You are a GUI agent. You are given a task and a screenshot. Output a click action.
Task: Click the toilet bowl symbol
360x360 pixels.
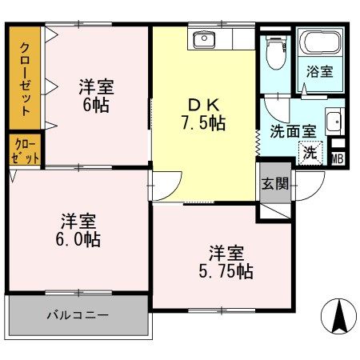click(x=276, y=53)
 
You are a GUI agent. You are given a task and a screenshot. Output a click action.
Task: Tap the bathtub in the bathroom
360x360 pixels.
click(x=320, y=42)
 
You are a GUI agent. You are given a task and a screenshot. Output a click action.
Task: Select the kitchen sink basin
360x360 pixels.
click(x=204, y=40)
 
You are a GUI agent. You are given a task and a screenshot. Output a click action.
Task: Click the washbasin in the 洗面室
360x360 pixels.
click(x=334, y=122)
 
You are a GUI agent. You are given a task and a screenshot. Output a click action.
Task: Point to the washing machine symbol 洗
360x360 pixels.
click(x=310, y=153)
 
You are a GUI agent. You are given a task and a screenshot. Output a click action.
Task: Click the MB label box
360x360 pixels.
click(x=338, y=159)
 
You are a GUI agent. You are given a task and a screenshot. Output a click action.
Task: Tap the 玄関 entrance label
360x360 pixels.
click(x=275, y=183)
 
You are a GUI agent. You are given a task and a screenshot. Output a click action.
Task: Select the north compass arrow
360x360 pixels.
click(x=338, y=316)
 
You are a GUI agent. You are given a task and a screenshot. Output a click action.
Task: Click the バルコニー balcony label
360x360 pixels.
click(x=78, y=316)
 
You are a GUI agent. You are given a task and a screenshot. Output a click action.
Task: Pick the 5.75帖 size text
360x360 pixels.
click(x=226, y=271)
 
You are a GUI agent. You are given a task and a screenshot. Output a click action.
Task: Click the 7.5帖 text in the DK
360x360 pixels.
click(x=204, y=122)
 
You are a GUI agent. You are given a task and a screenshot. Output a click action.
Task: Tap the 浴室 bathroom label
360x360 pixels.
click(x=320, y=71)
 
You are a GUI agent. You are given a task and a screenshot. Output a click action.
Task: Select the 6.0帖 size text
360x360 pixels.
click(x=78, y=239)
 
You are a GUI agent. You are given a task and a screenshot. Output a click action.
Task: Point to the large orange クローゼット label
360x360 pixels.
click(x=25, y=79)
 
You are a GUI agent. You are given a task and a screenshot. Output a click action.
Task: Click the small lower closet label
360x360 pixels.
click(x=25, y=151)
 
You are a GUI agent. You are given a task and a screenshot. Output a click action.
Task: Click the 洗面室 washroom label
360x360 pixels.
click(x=293, y=131)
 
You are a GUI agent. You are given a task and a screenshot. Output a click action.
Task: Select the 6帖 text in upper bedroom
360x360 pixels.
click(x=96, y=105)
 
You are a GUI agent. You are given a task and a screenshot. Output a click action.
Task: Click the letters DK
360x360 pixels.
click(x=204, y=105)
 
